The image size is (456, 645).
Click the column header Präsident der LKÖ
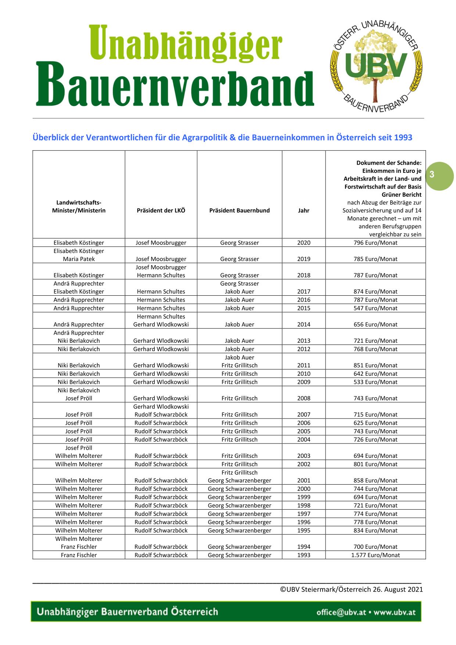tap(161, 210)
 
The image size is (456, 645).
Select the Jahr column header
tap(304, 210)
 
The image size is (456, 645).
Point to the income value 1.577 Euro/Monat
tap(375, 555)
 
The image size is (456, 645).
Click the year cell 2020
tap(304, 243)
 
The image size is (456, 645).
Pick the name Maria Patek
tap(79, 259)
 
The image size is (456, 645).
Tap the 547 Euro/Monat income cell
tap(375, 308)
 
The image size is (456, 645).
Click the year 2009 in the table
tap(304, 382)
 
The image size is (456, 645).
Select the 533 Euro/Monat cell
tap(375, 382)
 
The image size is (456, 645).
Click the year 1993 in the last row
tap(304, 555)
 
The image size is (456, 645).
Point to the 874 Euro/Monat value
tap(375, 292)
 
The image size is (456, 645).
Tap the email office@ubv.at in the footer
tap(341, 612)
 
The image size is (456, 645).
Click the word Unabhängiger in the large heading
tap(185, 44)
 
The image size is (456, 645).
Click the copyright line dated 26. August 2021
tap(351, 589)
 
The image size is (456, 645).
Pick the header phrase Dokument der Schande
tap(389, 163)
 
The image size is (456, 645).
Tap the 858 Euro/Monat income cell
tap(375, 480)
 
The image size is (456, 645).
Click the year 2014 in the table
tap(304, 324)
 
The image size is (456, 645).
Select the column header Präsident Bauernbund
tap(239, 210)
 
